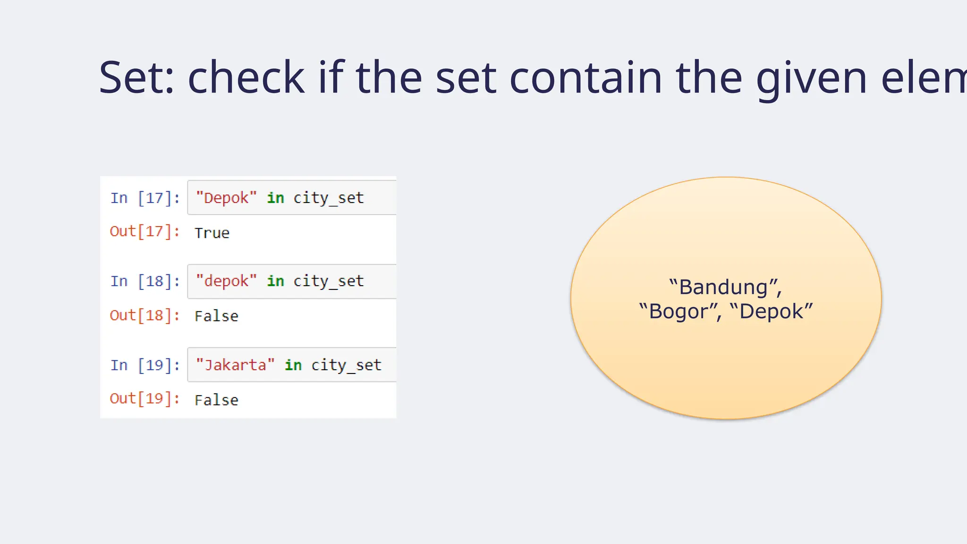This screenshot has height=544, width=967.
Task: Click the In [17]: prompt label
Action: point(145,198)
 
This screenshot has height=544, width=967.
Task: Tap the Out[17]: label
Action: point(144,231)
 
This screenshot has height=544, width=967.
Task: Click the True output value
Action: point(212,233)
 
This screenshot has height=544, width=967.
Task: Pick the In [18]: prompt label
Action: point(145,281)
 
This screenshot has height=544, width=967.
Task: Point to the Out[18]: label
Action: point(144,315)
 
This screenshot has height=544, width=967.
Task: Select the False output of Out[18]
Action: point(216,316)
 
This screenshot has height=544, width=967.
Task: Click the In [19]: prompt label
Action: point(145,365)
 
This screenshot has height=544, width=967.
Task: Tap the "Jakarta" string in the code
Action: point(235,365)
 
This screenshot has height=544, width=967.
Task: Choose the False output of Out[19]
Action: point(216,400)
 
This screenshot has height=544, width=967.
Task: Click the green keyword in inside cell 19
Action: point(293,365)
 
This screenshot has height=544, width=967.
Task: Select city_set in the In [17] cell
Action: point(329,198)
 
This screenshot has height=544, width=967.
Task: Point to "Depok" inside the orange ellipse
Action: point(771,312)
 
